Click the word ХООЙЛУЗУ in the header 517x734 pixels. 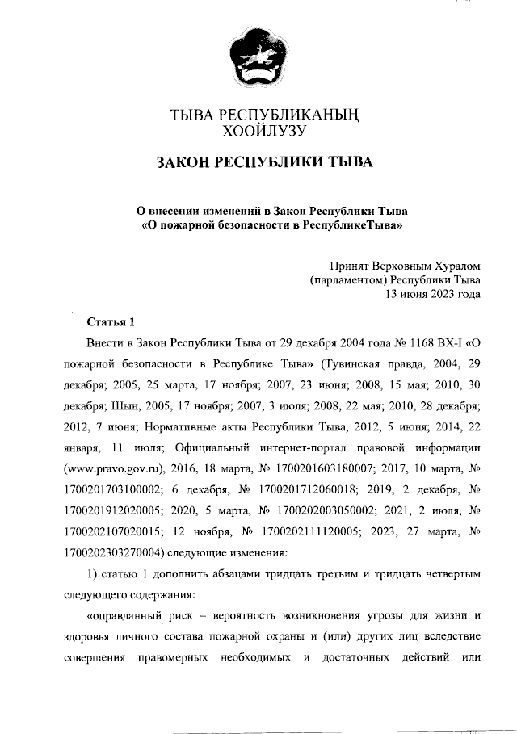tap(258, 129)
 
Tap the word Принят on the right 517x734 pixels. tap(352, 265)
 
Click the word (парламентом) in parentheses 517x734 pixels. tap(349, 279)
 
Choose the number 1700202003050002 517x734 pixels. tap(324, 511)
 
